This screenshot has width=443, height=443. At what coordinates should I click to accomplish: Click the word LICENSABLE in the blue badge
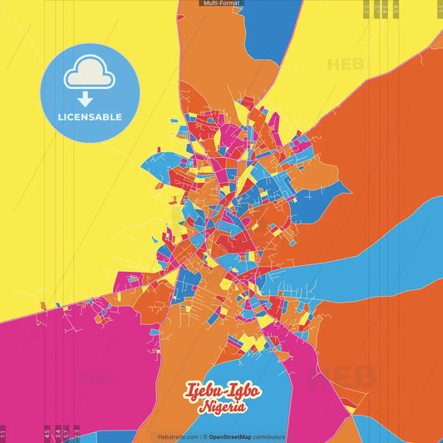90,117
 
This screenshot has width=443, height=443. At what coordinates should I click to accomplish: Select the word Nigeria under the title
221,407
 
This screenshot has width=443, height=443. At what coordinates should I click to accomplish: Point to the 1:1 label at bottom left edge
3,433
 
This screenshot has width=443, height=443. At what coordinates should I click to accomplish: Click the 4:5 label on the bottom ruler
47,432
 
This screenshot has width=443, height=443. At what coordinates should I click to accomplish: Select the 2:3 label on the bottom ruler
77,432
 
